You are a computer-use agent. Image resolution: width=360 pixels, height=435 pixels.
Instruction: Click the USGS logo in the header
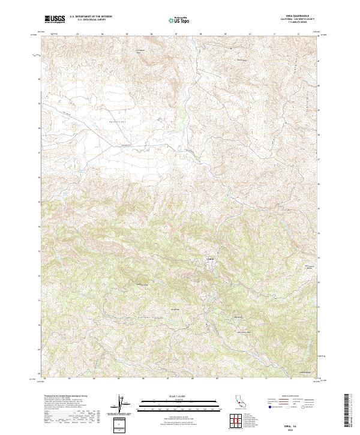click(55, 19)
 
